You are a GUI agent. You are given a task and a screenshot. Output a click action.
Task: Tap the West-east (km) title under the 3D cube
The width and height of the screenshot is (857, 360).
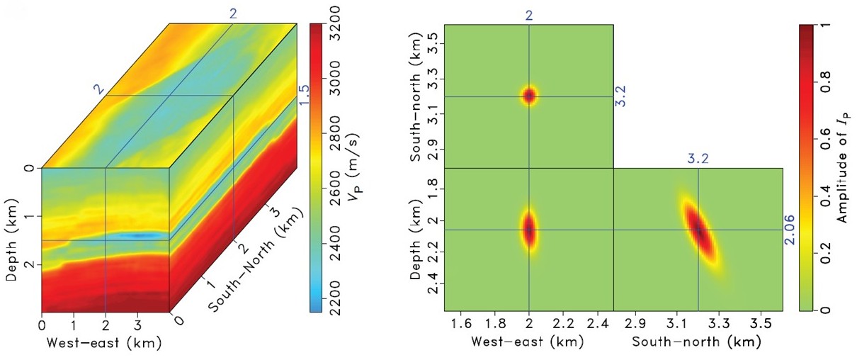[104, 344]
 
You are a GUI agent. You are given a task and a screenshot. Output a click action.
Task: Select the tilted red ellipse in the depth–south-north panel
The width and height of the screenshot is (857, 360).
[700, 231]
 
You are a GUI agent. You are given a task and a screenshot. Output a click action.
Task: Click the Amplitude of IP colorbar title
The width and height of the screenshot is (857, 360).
[842, 171]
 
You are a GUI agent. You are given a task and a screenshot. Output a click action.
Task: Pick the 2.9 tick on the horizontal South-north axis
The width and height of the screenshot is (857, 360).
[636, 324]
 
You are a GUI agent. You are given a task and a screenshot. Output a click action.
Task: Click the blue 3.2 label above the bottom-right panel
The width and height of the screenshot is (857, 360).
[698, 159]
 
